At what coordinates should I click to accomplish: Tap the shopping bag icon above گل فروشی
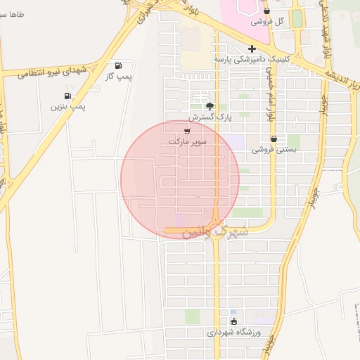pyautogui.click(x=266, y=11)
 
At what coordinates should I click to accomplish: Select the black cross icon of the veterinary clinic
pyautogui.click(x=252, y=49)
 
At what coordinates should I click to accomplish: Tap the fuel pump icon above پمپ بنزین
pyautogui.click(x=67, y=96)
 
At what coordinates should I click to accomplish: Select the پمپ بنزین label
pyautogui.click(x=67, y=106)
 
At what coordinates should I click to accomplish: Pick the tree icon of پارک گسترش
pyautogui.click(x=210, y=105)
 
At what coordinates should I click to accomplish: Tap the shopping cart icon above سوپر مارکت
pyautogui.click(x=187, y=131)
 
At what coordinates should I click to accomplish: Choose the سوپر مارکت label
pyautogui.click(x=187, y=141)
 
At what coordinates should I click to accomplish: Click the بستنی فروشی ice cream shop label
pyautogui.click(x=273, y=150)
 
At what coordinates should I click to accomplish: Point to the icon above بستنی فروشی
pyautogui.click(x=273, y=139)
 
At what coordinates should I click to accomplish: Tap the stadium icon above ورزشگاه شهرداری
pyautogui.click(x=234, y=321)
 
